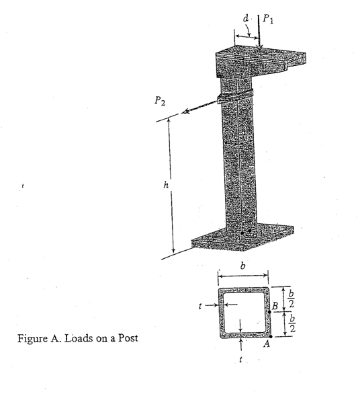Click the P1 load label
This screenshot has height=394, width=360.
click(268, 19)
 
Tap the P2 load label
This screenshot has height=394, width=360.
click(160, 101)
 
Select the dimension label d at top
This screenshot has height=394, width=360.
click(246, 18)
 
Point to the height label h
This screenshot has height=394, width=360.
click(166, 185)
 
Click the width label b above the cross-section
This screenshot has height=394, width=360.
click(242, 266)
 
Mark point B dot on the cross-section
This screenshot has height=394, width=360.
click(269, 312)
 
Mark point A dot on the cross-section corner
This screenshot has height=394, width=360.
click(271, 336)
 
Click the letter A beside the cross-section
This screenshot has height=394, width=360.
click(267, 344)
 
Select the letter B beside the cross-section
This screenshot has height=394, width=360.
click(275, 306)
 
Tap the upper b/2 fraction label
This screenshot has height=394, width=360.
click(291, 299)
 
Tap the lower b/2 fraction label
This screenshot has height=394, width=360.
click(291, 323)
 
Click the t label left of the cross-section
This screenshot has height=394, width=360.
click(200, 306)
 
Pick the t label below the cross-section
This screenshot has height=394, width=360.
click(240, 360)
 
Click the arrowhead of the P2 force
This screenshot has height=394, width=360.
click(185, 112)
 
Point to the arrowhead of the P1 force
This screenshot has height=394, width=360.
click(261, 46)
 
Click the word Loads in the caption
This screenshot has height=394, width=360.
click(77, 338)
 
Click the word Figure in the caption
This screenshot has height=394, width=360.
click(32, 338)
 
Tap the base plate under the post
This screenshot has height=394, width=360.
click(242, 239)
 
